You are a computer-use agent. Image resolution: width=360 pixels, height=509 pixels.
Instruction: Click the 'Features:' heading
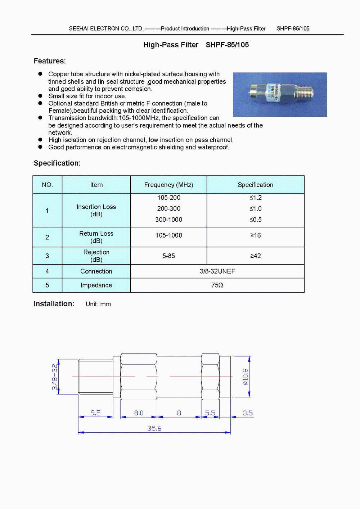50,61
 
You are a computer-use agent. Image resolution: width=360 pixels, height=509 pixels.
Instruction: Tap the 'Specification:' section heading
57,163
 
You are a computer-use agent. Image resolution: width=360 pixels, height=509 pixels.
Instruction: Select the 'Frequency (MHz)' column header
168,185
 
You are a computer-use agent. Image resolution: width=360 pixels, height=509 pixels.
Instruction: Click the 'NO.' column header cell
47,185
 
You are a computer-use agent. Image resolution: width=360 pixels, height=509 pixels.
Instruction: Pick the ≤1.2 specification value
255,198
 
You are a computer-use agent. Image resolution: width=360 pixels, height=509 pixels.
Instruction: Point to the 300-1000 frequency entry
168,220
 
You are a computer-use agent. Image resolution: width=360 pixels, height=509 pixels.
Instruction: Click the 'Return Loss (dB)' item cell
96,237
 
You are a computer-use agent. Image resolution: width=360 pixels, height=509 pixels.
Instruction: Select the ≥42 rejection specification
255,256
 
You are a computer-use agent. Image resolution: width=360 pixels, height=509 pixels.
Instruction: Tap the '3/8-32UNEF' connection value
217,271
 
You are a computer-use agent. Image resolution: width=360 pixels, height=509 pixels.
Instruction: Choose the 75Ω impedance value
217,285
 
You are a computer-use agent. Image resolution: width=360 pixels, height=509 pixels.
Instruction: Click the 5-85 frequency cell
168,256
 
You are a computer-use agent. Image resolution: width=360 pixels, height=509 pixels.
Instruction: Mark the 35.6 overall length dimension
154,428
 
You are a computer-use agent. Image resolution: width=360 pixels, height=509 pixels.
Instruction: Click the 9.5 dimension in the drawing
95,413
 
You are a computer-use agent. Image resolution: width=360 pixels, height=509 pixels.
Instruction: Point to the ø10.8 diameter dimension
245,377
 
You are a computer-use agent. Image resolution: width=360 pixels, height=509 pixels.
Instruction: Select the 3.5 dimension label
247,413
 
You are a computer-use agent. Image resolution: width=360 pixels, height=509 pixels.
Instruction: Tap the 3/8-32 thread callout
55,377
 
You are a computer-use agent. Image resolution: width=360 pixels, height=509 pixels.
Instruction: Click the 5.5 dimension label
210,413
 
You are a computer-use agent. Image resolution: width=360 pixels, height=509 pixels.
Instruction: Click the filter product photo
280,95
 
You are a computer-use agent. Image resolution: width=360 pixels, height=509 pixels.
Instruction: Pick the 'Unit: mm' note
98,304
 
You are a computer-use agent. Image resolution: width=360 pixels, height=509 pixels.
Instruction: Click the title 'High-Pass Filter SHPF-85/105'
196,45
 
